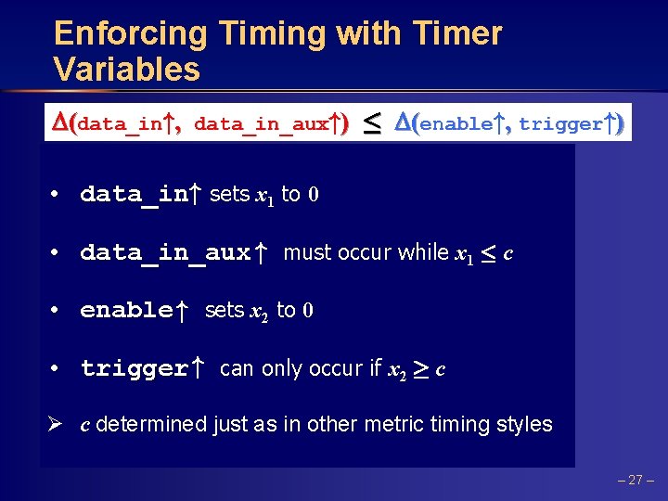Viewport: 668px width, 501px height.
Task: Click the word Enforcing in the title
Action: click(131, 34)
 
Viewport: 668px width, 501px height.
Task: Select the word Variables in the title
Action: click(127, 70)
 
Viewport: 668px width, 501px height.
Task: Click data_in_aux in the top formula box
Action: click(261, 123)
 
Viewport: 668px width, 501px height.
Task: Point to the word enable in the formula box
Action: click(455, 123)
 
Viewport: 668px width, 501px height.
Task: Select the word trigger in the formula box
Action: click(560, 123)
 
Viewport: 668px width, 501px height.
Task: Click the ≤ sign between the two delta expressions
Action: click(370, 123)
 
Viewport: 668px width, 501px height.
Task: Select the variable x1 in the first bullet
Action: click(265, 195)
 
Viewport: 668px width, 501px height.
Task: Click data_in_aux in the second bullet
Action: click(165, 252)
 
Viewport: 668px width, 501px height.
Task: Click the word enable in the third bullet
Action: click(126, 310)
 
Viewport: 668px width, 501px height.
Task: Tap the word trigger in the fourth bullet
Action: click(134, 368)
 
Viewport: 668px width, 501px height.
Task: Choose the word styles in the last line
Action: click(522, 425)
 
